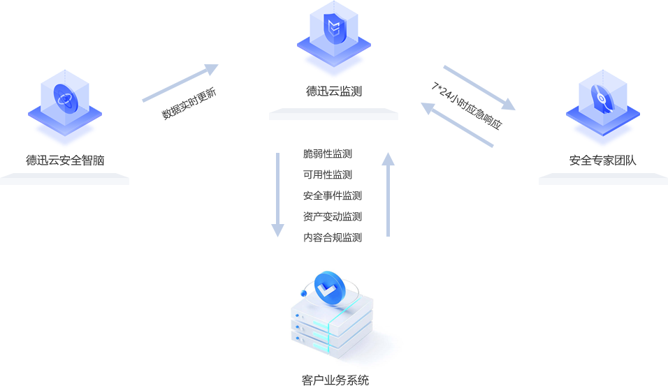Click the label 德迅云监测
pos(333,91)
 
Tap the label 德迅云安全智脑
pos(65,161)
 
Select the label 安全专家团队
pos(602,161)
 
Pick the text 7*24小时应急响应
pos(466,106)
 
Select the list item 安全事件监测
pos(332,195)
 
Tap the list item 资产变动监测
pos(332,216)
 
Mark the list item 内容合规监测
pos(332,237)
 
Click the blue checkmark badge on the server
pos(330,288)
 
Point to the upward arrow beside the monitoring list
pos(388,199)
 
